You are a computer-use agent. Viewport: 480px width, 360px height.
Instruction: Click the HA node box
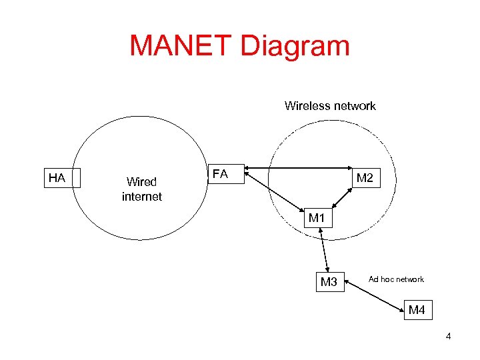tap(62, 178)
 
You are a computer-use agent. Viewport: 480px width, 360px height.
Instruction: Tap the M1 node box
tap(316, 218)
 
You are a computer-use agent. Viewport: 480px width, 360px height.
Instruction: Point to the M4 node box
tap(417, 310)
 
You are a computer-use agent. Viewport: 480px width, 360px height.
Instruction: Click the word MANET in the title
tap(182, 46)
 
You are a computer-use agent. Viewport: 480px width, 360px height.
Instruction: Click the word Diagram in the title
tap(297, 46)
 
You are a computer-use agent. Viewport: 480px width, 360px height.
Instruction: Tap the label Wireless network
tap(330, 105)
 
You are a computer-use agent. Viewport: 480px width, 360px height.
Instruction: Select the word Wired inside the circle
tap(141, 181)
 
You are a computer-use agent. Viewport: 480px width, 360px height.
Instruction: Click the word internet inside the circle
tap(141, 197)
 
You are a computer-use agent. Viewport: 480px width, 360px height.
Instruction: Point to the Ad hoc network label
tap(396, 279)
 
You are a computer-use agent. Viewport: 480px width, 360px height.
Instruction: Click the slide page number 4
tap(448, 336)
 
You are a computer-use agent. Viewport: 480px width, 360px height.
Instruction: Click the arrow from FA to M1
tap(277, 194)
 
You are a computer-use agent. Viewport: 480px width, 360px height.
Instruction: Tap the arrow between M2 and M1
tap(342, 199)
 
